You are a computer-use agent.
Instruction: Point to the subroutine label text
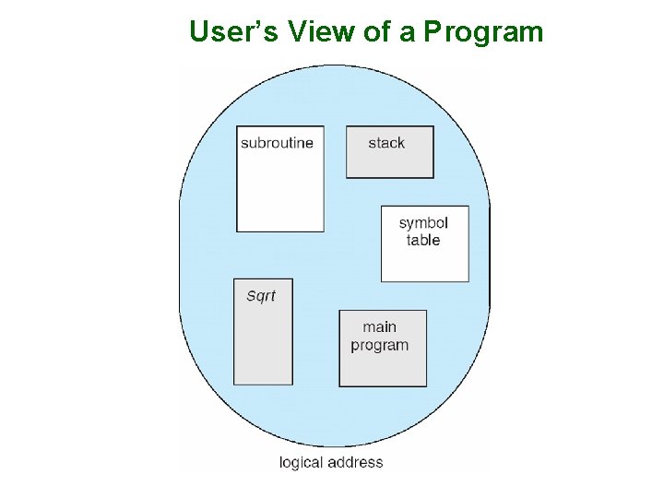[x=277, y=143]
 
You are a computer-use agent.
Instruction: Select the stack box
[x=389, y=152]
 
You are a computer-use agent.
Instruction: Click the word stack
[x=386, y=143]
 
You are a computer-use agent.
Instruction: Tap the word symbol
[x=423, y=224]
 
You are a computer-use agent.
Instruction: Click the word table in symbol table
[x=423, y=241]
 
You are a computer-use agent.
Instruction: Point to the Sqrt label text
[x=261, y=296]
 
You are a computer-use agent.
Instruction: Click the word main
[x=379, y=327]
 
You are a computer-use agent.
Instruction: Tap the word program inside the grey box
[x=379, y=346]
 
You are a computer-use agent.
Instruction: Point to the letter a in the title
[x=409, y=33]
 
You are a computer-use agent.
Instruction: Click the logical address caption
[x=331, y=462]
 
